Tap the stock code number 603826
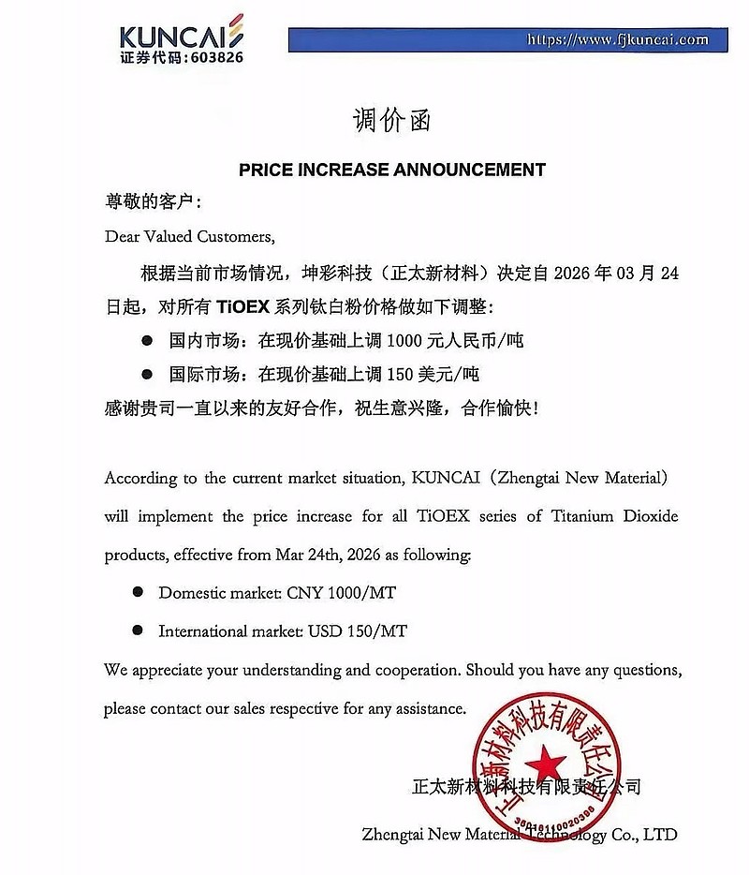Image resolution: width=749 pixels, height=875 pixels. [x=207, y=57]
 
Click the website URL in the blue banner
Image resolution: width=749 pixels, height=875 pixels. [x=618, y=39]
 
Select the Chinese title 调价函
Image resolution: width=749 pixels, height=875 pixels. [x=391, y=120]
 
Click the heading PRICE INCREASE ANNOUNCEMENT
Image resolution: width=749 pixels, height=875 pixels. [x=391, y=170]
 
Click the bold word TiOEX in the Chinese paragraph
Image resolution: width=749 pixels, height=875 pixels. [x=243, y=306]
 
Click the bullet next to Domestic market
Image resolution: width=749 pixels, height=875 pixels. [x=137, y=592]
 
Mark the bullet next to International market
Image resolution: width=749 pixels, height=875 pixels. [x=137, y=630]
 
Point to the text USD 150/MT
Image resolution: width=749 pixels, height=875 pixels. [x=358, y=631]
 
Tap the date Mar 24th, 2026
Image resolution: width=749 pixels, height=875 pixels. [x=340, y=555]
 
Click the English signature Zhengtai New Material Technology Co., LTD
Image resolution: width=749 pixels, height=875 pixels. [x=519, y=834]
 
